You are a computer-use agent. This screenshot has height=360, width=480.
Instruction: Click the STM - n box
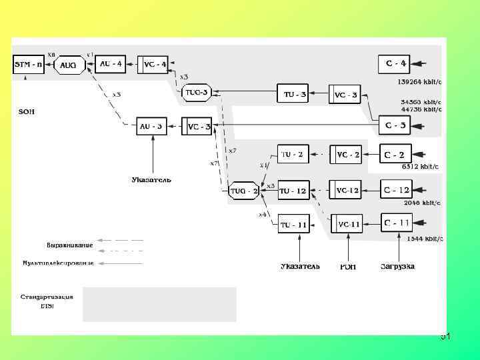pyautogui.click(x=29, y=65)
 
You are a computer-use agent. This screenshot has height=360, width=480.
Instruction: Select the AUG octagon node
pyautogui.click(x=68, y=65)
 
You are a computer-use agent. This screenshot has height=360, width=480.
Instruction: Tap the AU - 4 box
pyautogui.click(x=111, y=64)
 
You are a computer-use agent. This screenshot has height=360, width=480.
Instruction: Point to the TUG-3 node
pyautogui.click(x=196, y=93)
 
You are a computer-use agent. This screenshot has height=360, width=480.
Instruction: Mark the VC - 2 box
pyautogui.click(x=347, y=155)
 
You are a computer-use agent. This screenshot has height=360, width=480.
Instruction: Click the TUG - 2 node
pyautogui.click(x=244, y=191)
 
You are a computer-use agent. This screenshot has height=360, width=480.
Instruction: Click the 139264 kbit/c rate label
pyautogui.click(x=420, y=81)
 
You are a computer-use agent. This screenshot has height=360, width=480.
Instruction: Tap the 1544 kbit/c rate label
pyautogui.click(x=423, y=238)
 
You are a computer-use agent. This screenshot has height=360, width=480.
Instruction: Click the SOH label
pyautogui.click(x=26, y=111)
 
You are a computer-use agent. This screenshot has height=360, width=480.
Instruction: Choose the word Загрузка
pyautogui.click(x=397, y=267)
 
